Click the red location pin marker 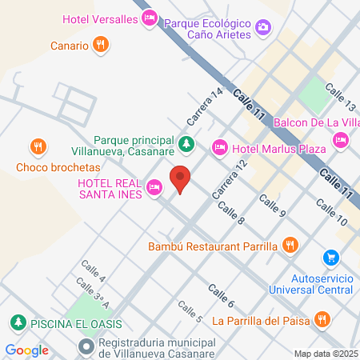pos(182,180)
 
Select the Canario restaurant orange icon pos(100,45)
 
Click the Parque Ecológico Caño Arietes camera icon pos(263,30)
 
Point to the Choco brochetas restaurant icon pos(37,146)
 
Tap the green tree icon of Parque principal pos(186,144)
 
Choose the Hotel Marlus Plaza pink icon pos(219,147)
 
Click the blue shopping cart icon pos(330,258)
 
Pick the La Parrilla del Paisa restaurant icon pos(322,320)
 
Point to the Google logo pos(26,350)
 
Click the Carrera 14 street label pos(203,107)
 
